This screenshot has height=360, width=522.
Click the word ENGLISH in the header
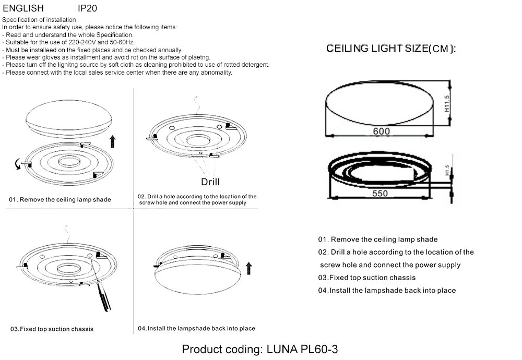[23, 8]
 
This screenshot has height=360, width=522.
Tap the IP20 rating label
[87, 8]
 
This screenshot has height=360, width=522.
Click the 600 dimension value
[381, 131]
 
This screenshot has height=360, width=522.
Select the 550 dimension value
[380, 193]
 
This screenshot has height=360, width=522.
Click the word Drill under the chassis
[210, 182]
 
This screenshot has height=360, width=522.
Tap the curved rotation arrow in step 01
[18, 165]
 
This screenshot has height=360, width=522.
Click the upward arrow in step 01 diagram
[113, 141]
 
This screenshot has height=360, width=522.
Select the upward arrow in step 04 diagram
[248, 269]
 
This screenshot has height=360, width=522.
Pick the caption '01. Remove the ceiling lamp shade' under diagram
[60, 200]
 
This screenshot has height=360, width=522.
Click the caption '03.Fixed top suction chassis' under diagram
[52, 329]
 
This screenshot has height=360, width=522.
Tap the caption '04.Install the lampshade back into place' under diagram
[196, 329]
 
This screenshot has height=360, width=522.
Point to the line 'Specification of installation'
[39, 20]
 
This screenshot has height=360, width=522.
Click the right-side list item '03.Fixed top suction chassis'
[367, 278]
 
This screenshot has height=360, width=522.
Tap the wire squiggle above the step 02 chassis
[196, 104]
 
